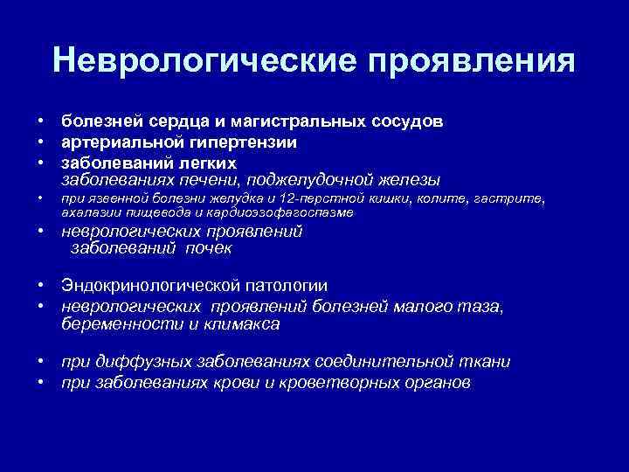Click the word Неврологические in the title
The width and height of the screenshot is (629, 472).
(x=203, y=60)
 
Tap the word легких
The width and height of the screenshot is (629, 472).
(x=206, y=163)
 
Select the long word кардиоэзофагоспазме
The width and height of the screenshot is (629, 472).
(x=288, y=212)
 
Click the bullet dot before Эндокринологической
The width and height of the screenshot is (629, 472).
(x=40, y=285)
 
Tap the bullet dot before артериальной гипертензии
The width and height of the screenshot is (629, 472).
(x=40, y=142)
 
